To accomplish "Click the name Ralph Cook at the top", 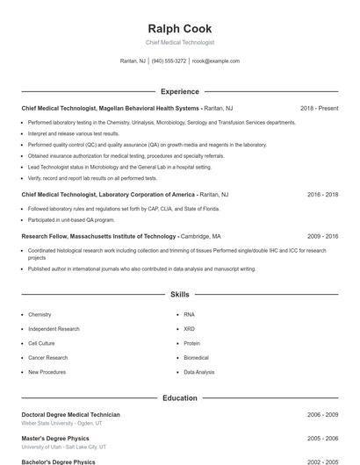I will click(x=179, y=29).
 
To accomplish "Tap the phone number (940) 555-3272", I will click(x=169, y=61).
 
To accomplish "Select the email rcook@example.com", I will click(x=216, y=61).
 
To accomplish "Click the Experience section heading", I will click(x=179, y=91).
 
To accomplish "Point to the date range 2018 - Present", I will click(x=319, y=108).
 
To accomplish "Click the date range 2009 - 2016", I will click(x=322, y=236).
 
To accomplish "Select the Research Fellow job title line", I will click(x=99, y=236).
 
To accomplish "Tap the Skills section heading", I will click(x=179, y=295).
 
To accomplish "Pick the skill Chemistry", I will click(x=40, y=314).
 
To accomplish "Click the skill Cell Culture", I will click(x=41, y=343).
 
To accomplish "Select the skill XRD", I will click(x=190, y=329).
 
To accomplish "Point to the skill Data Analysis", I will click(x=198, y=372).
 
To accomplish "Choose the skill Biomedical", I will click(x=196, y=358).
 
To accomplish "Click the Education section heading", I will click(x=179, y=397).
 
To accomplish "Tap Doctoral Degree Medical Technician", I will click(x=70, y=414).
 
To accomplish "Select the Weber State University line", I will click(x=61, y=423).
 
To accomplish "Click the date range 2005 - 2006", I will click(x=322, y=438).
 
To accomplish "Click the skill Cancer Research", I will click(x=47, y=358).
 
